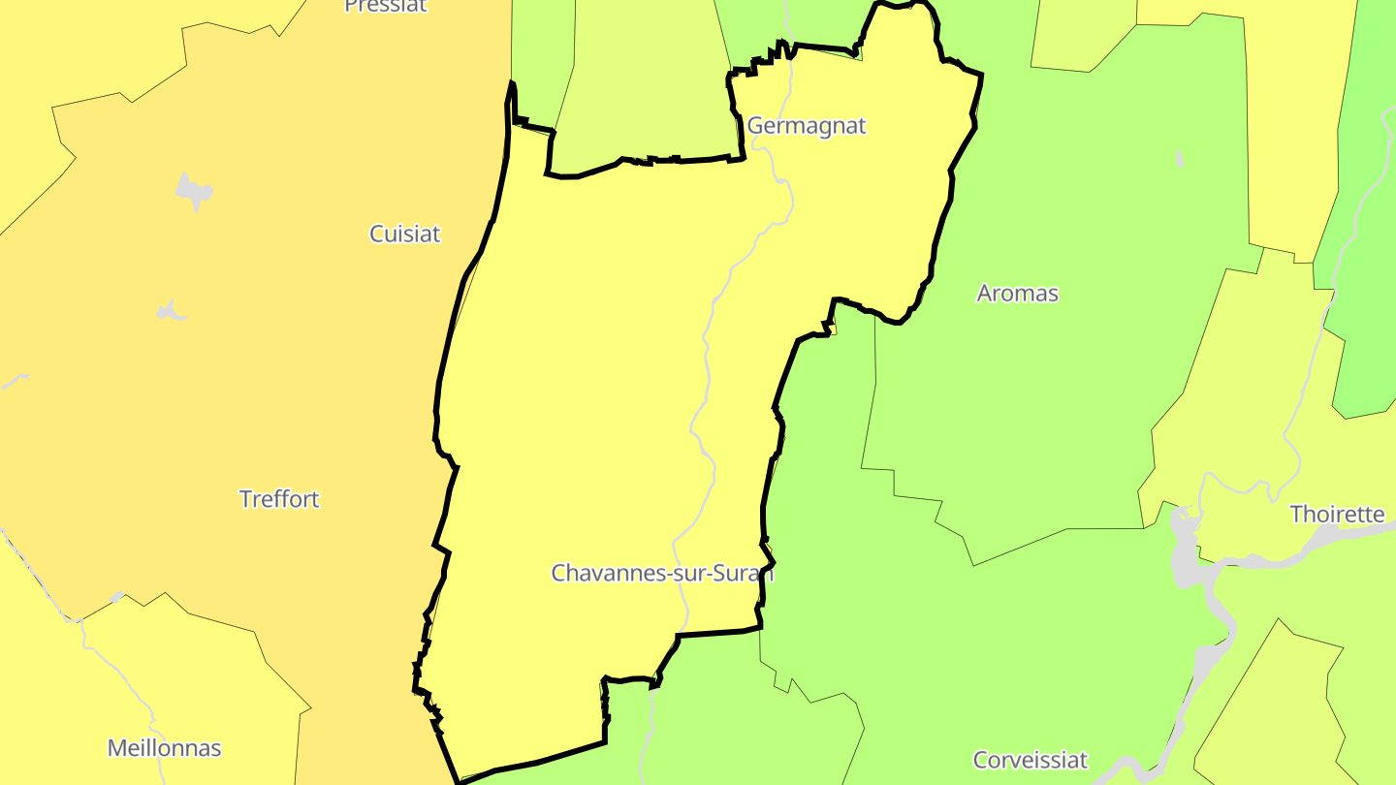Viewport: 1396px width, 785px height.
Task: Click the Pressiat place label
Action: [386, 6]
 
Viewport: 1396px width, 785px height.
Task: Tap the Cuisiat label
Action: [405, 234]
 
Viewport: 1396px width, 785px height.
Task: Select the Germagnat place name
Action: [806, 126]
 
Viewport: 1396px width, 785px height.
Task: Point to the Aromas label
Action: [1017, 293]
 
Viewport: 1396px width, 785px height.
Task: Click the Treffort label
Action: [279, 499]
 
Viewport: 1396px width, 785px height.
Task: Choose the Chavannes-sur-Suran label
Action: [662, 573]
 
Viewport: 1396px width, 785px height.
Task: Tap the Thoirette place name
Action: [1337, 514]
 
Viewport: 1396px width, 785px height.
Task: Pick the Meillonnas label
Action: [164, 748]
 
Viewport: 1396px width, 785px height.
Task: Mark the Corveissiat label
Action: [1031, 760]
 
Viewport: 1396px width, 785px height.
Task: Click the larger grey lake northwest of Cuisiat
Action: [194, 191]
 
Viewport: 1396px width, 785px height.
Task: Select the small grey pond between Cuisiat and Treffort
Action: [171, 311]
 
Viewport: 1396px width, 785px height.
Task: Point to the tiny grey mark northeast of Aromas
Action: [1179, 158]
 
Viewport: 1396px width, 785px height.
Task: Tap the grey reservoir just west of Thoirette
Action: [1184, 548]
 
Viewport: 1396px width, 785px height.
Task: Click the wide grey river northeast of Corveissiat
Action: [1212, 659]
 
